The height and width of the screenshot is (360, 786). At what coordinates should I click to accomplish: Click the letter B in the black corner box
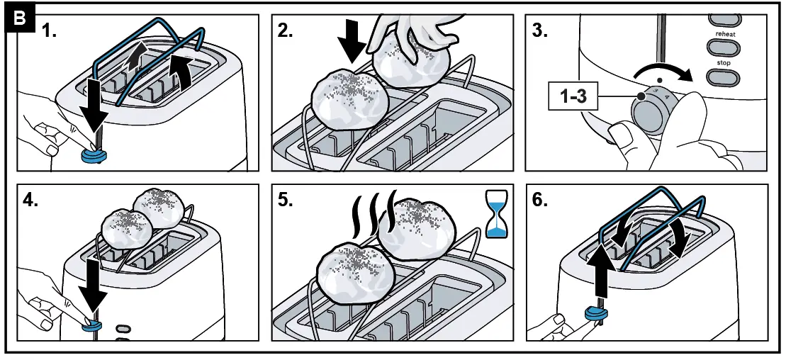pyautogui.click(x=19, y=18)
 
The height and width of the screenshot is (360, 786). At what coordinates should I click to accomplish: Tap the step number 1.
pyautogui.click(x=49, y=31)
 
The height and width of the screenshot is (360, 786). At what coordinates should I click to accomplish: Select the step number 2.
pyautogui.click(x=285, y=31)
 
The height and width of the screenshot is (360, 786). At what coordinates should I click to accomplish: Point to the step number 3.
pyautogui.click(x=540, y=31)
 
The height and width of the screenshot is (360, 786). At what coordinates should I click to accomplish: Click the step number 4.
pyautogui.click(x=30, y=200)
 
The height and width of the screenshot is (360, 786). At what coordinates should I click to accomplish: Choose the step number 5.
pyautogui.click(x=285, y=200)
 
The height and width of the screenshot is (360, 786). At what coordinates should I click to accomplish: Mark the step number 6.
pyautogui.click(x=540, y=200)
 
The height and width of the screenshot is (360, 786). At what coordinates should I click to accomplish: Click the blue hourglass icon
pyautogui.click(x=496, y=213)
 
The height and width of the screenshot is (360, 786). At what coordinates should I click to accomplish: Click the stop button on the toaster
pyautogui.click(x=723, y=77)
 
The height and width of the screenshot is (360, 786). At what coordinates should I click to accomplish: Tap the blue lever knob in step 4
pyautogui.click(x=91, y=325)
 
